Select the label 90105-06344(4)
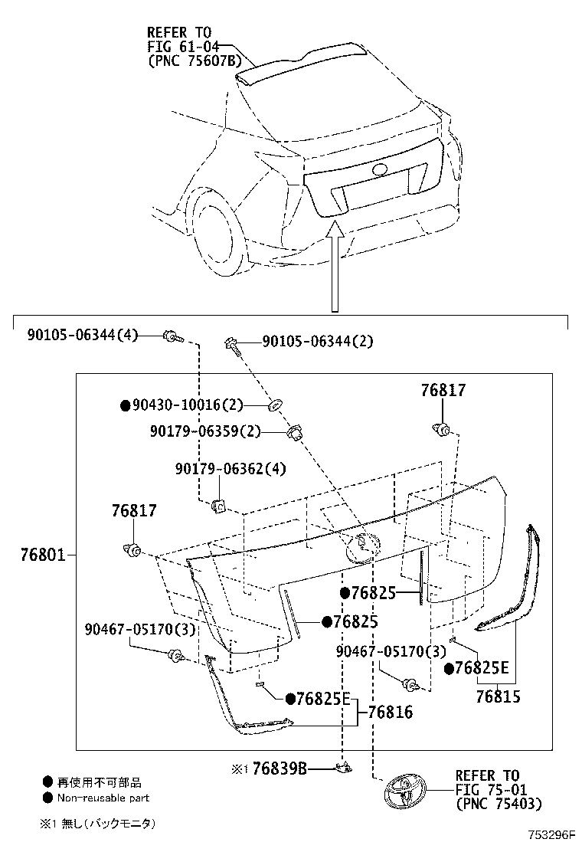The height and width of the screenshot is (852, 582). (x=83, y=335)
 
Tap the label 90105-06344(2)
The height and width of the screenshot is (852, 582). (x=318, y=342)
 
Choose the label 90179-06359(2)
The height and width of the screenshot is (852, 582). (x=205, y=432)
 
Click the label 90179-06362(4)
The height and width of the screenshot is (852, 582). (x=219, y=468)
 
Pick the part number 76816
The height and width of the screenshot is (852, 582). (x=390, y=713)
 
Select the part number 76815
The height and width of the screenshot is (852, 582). (x=497, y=696)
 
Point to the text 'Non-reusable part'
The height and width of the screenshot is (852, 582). (x=103, y=798)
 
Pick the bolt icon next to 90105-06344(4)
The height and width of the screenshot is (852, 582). (x=171, y=336)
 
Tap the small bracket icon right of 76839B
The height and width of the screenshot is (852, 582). (x=344, y=767)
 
